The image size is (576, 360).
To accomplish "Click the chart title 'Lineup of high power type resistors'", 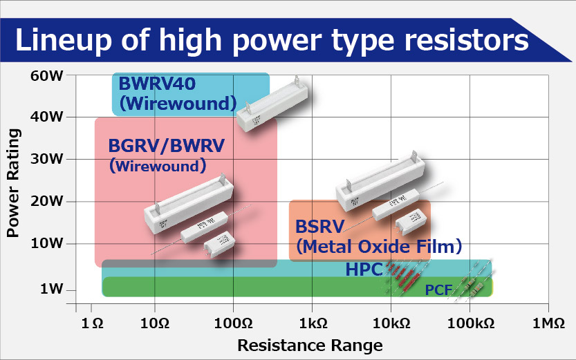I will coord(271,39).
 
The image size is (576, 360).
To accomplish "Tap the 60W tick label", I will coord(47,75).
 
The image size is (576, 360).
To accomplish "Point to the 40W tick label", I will coord(47,116).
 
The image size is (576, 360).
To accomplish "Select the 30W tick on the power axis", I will coord(47,159).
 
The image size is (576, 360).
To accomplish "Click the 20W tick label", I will coord(47,201).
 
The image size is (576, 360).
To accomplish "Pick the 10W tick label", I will coord(47,243).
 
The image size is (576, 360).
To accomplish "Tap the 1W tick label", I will coord(51,289).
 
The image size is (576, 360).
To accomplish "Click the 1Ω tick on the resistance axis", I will coord(92,323).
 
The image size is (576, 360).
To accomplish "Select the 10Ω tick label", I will coord(154,323).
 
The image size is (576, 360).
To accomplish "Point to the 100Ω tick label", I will coord(233,323).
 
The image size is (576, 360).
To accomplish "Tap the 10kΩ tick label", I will coord(391,323).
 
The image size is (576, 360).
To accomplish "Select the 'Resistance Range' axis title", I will coord(310,344).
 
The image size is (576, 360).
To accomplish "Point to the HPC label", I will coord(364,269).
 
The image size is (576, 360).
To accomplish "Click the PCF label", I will coord(438,290).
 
